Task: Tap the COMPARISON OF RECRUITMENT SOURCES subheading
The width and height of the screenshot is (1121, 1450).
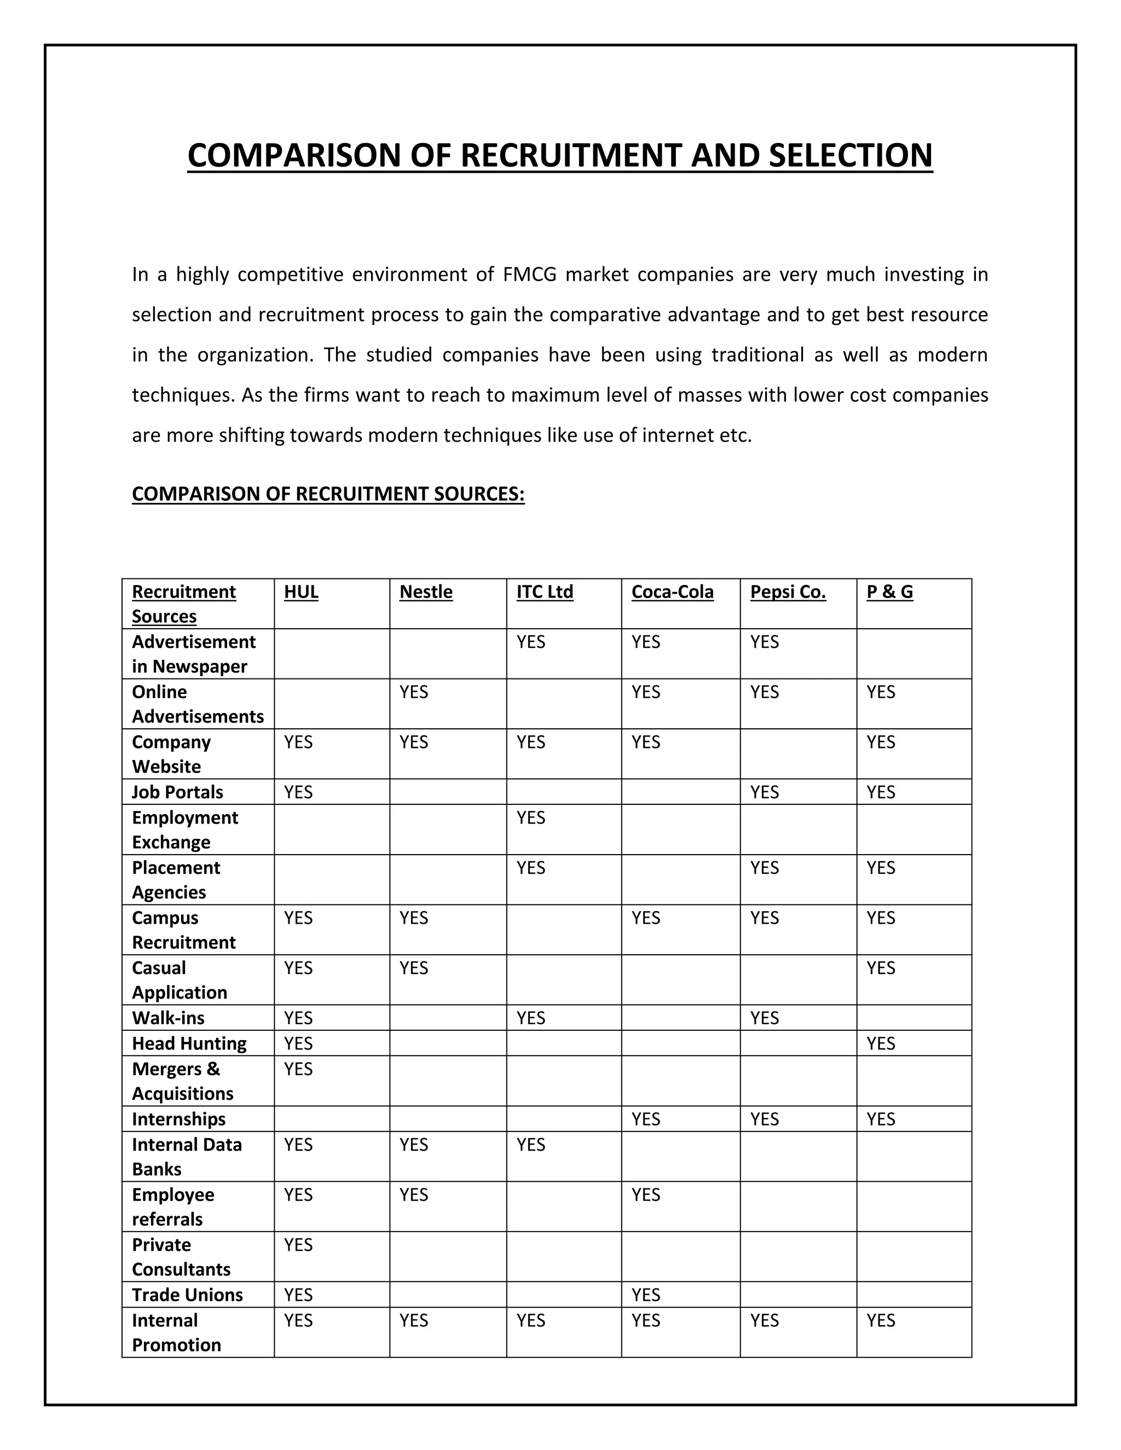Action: click(328, 494)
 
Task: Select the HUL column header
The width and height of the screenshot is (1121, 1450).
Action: click(301, 591)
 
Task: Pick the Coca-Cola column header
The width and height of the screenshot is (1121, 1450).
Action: click(672, 591)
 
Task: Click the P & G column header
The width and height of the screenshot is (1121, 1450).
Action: click(889, 591)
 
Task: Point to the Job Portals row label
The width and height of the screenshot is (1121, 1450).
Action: click(177, 792)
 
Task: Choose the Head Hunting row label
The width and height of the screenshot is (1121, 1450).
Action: click(189, 1043)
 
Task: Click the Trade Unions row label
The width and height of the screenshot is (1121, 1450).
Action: click(187, 1295)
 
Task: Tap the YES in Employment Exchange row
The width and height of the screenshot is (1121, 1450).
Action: click(530, 817)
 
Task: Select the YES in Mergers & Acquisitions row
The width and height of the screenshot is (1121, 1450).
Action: click(298, 1069)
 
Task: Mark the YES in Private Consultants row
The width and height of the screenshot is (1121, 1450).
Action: click(298, 1245)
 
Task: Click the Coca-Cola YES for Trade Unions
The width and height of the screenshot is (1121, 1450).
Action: click(645, 1295)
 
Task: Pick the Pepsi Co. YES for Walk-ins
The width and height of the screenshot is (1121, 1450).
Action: click(764, 1018)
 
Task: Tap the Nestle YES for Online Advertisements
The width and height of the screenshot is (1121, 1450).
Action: click(414, 692)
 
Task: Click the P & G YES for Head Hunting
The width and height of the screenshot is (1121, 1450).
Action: click(881, 1043)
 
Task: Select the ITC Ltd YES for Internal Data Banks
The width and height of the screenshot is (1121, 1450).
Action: click(530, 1145)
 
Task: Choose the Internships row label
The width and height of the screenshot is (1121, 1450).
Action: click(178, 1119)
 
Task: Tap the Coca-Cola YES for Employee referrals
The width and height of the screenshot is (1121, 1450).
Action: click(645, 1194)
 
